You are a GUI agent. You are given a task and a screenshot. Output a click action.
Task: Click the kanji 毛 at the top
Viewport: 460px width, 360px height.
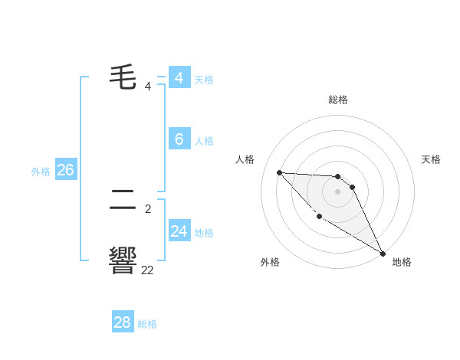click(123, 77)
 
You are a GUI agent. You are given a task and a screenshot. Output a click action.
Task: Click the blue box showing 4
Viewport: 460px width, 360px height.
click(179, 78)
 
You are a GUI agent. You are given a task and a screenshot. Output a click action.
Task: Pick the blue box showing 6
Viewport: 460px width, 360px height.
click(179, 139)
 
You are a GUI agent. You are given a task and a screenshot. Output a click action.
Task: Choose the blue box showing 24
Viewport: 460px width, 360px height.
click(179, 231)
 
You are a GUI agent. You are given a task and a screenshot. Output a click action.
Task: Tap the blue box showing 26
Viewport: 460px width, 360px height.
click(65, 170)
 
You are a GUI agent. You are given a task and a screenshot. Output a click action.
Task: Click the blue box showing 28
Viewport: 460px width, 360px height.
click(122, 322)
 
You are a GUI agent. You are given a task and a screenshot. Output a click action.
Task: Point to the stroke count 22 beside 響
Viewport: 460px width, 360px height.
click(147, 270)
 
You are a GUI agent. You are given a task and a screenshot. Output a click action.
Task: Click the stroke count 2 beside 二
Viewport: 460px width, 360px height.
click(147, 208)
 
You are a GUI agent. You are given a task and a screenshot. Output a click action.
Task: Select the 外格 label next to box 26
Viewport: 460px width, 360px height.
click(41, 172)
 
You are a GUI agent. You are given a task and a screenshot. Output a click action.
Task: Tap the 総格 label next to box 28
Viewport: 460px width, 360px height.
click(147, 324)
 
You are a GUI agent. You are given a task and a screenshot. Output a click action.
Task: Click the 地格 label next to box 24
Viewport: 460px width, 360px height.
click(204, 233)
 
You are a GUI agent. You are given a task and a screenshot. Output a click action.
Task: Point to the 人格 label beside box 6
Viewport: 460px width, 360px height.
click(204, 141)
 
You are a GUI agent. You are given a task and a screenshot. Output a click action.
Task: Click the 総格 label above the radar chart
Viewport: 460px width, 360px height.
click(338, 100)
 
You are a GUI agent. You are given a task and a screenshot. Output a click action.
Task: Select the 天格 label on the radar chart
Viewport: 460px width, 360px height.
click(431, 159)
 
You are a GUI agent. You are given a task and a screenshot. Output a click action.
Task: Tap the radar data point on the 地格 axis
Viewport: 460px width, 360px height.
click(383, 254)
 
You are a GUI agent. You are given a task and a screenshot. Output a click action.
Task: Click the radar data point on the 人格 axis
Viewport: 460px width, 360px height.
click(279, 172)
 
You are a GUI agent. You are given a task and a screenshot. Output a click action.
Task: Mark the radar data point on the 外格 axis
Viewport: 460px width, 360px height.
click(319, 217)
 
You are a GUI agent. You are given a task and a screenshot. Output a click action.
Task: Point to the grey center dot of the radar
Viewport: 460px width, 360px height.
click(337, 191)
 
